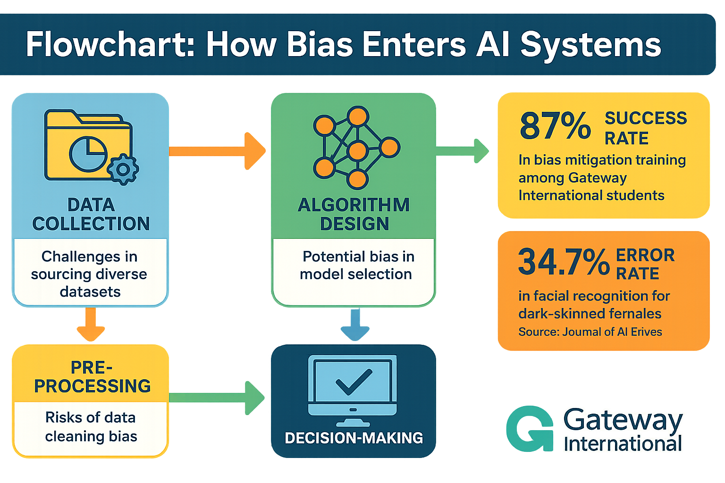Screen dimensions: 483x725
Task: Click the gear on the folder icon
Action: (123, 169)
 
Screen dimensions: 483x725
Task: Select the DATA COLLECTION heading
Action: (91, 214)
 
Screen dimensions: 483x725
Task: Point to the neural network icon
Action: (356, 147)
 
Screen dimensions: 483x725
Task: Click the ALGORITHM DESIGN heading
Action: (354, 214)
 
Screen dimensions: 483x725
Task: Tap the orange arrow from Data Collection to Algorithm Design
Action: (217, 151)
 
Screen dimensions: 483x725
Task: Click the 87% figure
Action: (555, 126)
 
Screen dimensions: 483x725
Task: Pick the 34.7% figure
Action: (564, 262)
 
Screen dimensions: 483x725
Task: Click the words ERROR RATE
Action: (645, 264)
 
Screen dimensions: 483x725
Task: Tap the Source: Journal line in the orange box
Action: (590, 332)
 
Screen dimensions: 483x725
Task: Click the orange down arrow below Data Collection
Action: (91, 325)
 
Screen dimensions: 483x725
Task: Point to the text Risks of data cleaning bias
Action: (91, 427)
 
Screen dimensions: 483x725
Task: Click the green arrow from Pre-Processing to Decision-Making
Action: (217, 398)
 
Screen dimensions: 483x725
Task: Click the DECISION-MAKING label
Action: (354, 438)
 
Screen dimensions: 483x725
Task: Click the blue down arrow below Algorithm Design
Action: (355, 325)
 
